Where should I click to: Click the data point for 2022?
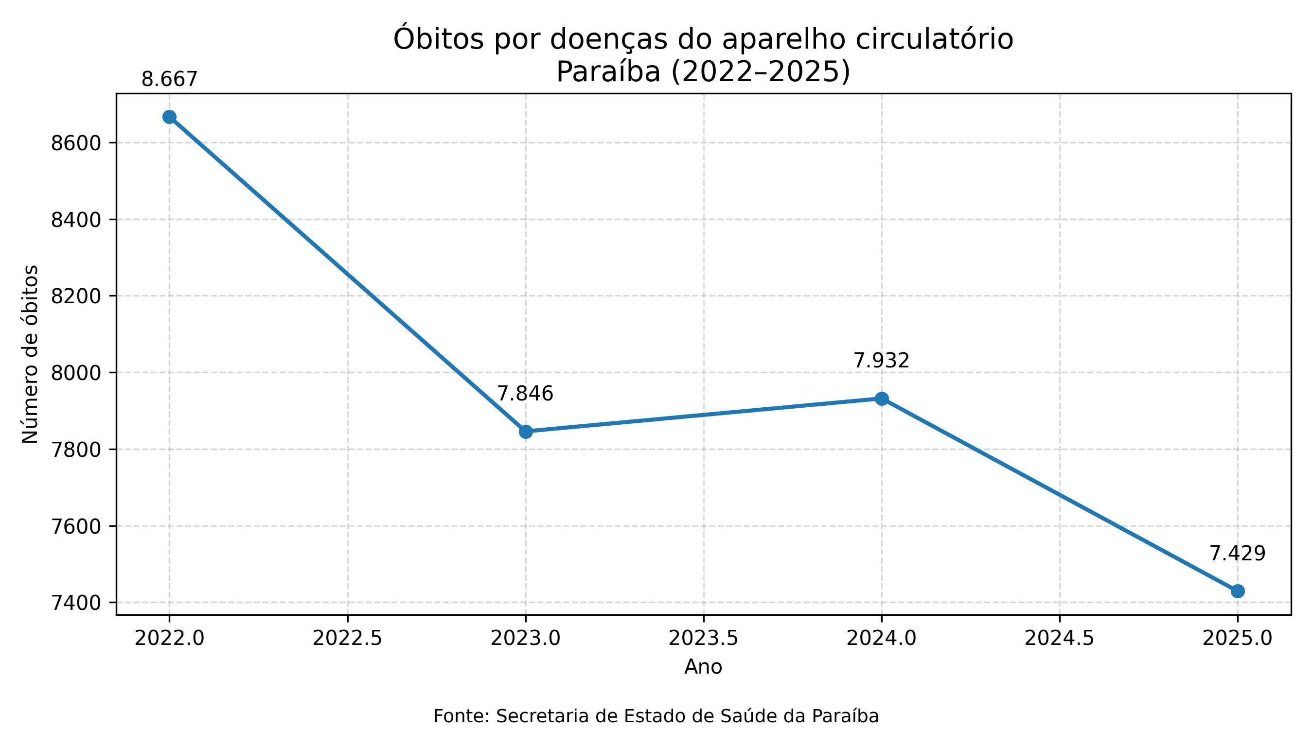click(169, 117)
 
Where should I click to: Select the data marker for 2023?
click(526, 432)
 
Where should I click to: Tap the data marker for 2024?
click(882, 399)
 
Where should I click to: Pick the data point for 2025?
click(1238, 591)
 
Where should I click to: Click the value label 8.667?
click(169, 80)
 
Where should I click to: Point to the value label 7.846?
click(525, 394)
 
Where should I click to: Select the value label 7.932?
click(881, 361)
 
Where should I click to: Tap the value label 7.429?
click(1238, 554)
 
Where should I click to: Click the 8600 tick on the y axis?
click(76, 143)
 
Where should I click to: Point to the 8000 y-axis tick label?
click(76, 373)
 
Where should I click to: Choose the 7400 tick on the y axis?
click(76, 603)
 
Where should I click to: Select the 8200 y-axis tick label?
click(76, 296)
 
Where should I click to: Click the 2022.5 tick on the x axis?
click(348, 639)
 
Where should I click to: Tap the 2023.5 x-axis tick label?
click(703, 639)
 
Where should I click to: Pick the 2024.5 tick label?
click(1060, 639)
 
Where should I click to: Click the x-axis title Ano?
click(703, 667)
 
